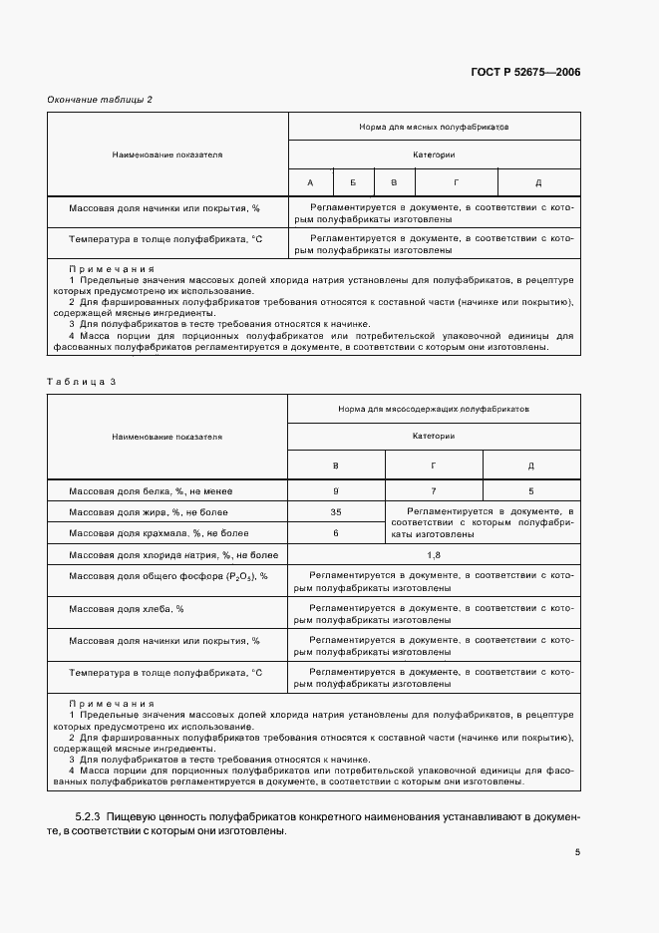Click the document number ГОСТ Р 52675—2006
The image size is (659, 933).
coord(524,72)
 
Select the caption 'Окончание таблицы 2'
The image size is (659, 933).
coord(100,99)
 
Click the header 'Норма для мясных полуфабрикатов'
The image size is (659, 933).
coord(434,128)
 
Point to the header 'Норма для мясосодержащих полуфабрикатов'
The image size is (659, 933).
coord(434,409)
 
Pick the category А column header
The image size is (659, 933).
coord(310,182)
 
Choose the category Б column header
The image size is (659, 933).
coord(352,182)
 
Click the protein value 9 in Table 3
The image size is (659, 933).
coord(336,491)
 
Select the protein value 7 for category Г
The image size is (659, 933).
coord(434,491)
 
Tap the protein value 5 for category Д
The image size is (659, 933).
coord(530,491)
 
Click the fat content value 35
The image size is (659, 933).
coord(336,512)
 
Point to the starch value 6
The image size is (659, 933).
coord(336,533)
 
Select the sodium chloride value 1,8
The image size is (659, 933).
coord(434,554)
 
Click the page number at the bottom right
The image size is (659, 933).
coord(577,852)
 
